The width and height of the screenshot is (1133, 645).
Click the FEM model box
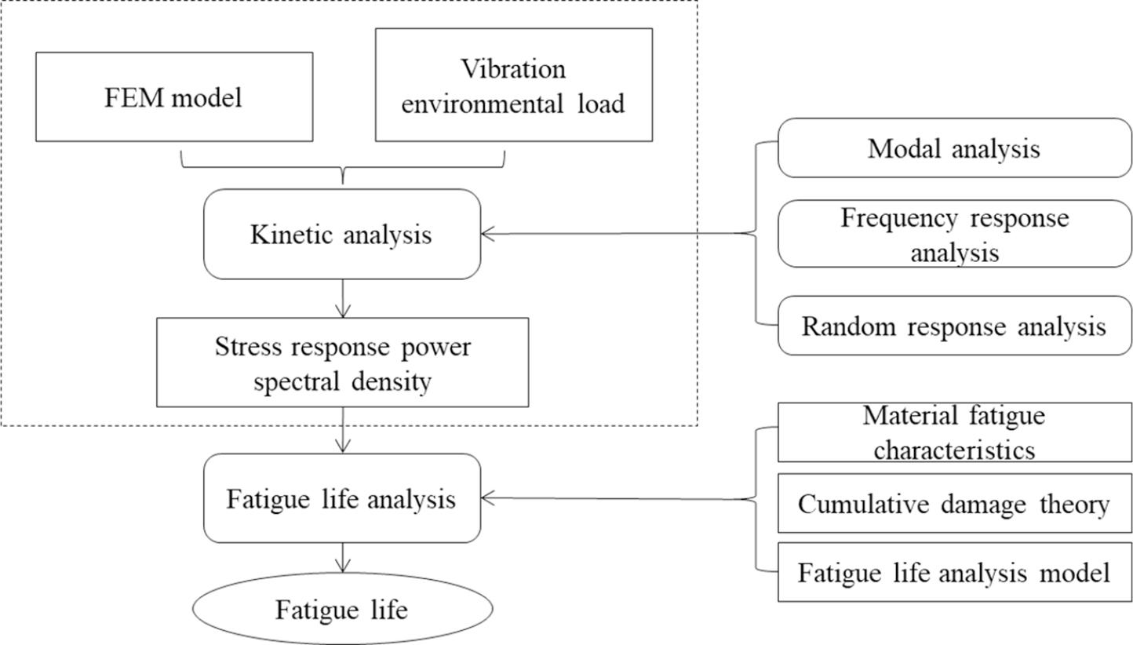pyautogui.click(x=174, y=97)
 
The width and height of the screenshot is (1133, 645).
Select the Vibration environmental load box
pyautogui.click(x=513, y=85)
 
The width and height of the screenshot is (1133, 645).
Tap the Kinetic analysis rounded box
pyautogui.click(x=341, y=234)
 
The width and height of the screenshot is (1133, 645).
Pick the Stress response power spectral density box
pyautogui.click(x=342, y=362)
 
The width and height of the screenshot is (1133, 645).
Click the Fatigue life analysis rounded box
pyautogui.click(x=341, y=498)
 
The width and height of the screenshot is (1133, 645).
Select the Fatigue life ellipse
pyautogui.click(x=342, y=609)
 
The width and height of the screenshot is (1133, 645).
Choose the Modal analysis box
pyautogui.click(x=954, y=148)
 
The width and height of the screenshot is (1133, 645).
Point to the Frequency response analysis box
pyautogui.click(x=954, y=234)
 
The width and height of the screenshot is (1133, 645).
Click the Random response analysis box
pyautogui.click(x=954, y=326)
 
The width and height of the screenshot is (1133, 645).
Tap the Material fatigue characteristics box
pyautogui.click(x=954, y=432)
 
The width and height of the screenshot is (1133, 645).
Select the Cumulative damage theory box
pyautogui.click(x=954, y=504)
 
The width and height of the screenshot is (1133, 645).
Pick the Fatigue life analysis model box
pyautogui.click(x=954, y=572)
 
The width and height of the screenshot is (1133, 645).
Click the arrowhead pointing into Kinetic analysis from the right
pyautogui.click(x=488, y=233)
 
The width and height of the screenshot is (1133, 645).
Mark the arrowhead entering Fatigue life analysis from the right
pyautogui.click(x=488, y=497)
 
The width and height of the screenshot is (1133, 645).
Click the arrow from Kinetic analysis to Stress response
pyautogui.click(x=342, y=299)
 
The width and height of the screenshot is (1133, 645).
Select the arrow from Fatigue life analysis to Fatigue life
pyautogui.click(x=342, y=558)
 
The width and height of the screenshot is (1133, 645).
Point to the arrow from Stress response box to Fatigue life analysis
pyautogui.click(x=342, y=430)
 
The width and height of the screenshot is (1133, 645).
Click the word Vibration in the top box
pyautogui.click(x=513, y=69)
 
